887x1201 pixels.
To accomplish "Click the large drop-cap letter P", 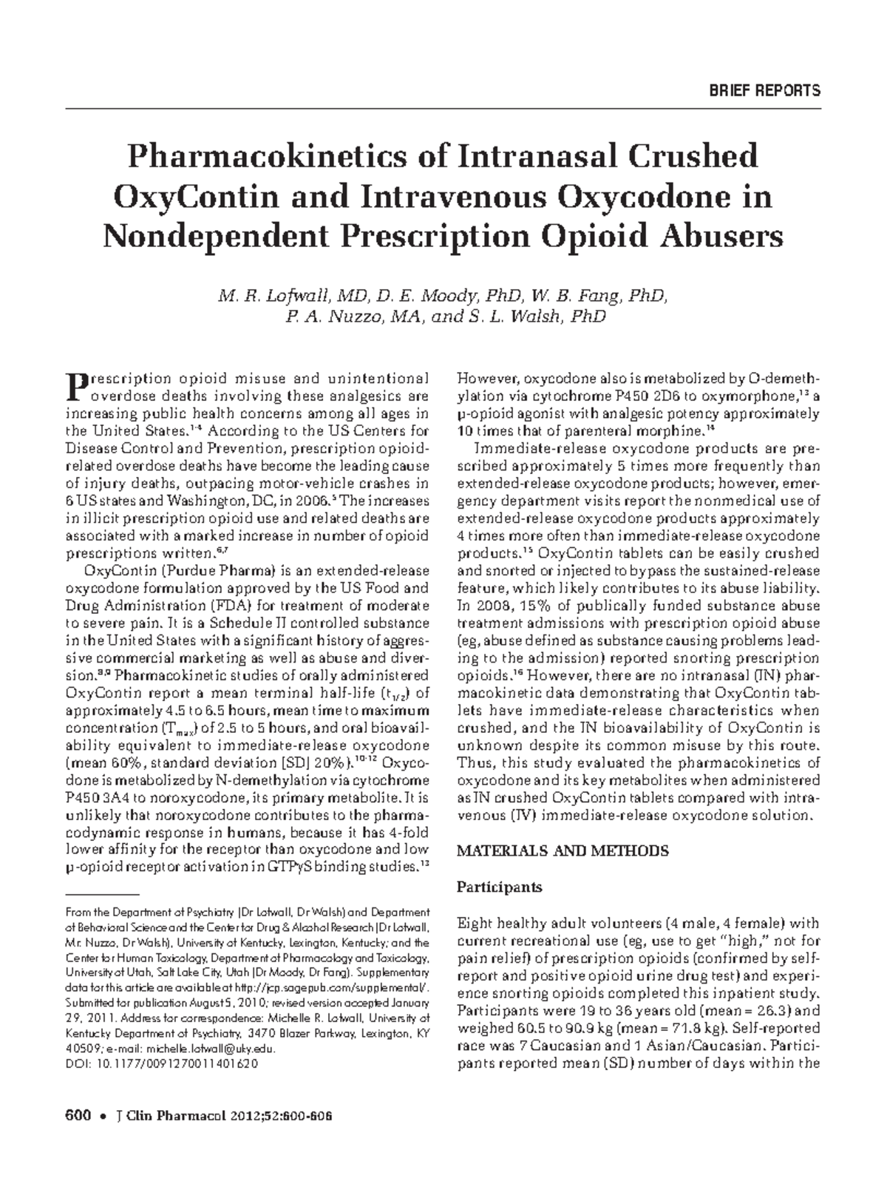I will (75, 385).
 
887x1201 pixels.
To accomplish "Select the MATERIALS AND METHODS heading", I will (563, 851).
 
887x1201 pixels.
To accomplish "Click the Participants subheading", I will (500, 887).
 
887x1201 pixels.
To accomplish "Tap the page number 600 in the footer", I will (78, 1116).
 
